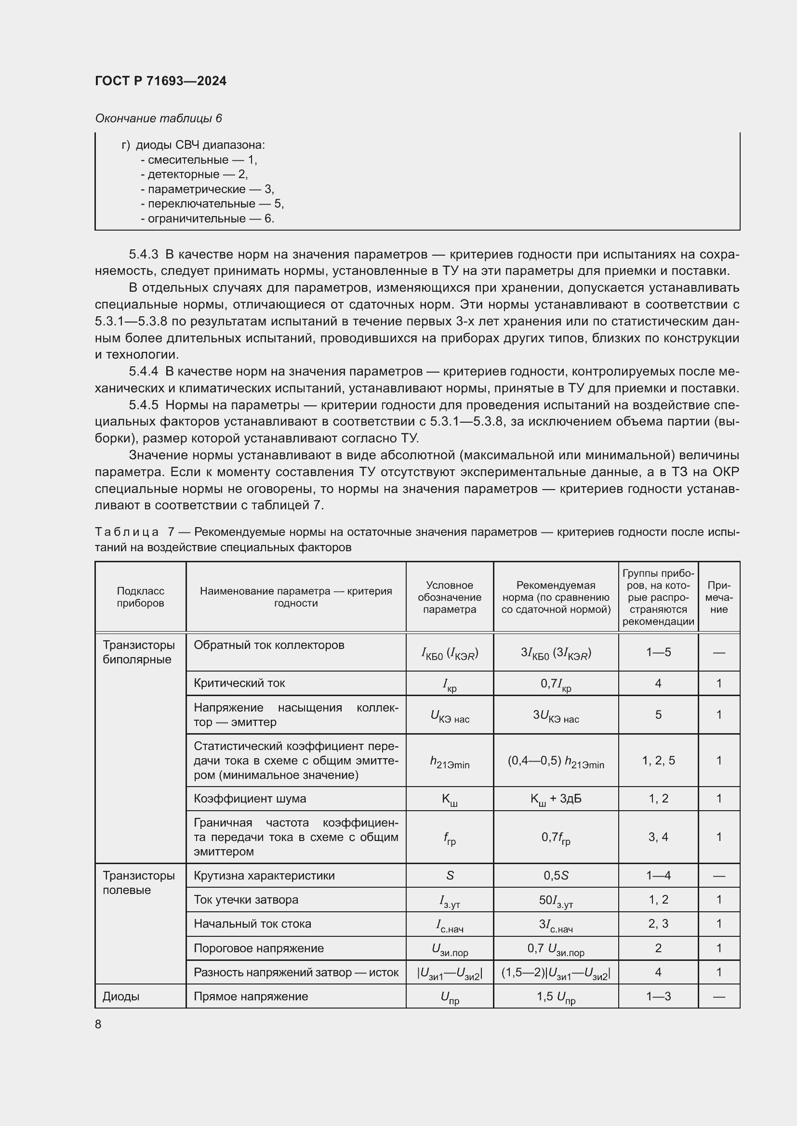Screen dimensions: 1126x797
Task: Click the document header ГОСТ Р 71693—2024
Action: [160, 81]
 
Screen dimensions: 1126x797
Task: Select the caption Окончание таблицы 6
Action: [158, 118]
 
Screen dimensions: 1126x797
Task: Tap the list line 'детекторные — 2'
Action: [194, 174]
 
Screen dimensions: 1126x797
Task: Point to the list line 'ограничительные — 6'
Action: [207, 218]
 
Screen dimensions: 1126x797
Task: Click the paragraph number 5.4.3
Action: [143, 254]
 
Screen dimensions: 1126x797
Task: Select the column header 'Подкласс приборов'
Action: [140, 597]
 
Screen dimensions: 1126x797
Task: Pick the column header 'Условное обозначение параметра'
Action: [449, 597]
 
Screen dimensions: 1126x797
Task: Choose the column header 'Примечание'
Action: [718, 597]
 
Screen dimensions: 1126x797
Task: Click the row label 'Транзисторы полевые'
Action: [138, 882]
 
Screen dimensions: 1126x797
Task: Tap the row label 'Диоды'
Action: [121, 996]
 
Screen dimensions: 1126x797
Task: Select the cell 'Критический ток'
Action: [239, 683]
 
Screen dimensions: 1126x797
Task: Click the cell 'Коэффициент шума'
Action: [250, 798]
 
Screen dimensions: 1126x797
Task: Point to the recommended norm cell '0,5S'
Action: [556, 875]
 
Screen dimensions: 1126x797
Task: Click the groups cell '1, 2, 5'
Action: [658, 760]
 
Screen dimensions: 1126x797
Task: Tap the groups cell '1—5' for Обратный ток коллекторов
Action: [658, 652]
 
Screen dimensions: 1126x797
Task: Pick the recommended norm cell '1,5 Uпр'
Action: [556, 997]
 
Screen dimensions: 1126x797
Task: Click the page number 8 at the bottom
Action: [98, 1024]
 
